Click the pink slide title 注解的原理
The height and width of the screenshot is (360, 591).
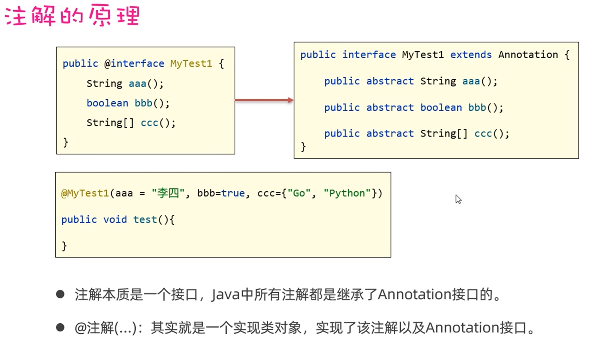(72, 16)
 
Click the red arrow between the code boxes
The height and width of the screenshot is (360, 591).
(264, 100)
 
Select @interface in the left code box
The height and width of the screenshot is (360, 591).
(134, 64)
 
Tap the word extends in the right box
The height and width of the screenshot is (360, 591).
(471, 55)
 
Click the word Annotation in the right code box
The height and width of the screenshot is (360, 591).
(528, 55)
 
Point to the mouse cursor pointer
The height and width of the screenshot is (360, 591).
(458, 199)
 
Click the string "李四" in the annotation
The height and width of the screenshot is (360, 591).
(168, 193)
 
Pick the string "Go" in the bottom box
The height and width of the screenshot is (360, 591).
(299, 193)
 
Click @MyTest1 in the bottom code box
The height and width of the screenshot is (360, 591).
(85, 193)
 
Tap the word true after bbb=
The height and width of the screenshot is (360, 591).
(233, 193)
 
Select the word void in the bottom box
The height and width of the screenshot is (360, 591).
(115, 220)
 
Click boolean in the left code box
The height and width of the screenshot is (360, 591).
(107, 103)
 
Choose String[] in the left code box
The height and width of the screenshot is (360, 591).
(110, 123)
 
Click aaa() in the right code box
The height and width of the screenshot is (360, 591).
(479, 81)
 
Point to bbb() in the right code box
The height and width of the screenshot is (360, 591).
(485, 107)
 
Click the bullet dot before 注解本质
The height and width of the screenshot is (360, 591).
(60, 294)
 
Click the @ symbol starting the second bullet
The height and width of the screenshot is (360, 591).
(80, 328)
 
